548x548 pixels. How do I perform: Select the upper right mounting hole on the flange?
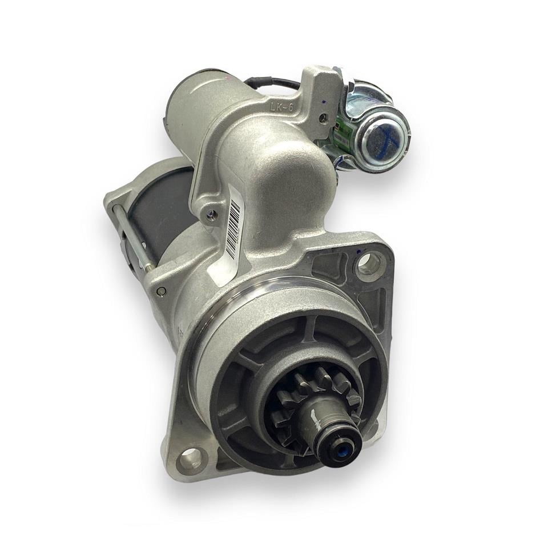(366, 264)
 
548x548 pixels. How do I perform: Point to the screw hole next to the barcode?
(212, 215)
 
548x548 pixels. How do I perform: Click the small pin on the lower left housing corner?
(162, 291)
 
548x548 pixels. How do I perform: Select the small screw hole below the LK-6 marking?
(324, 118)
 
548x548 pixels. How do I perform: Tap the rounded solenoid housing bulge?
(280, 171)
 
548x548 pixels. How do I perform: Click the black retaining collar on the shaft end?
(337, 442)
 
